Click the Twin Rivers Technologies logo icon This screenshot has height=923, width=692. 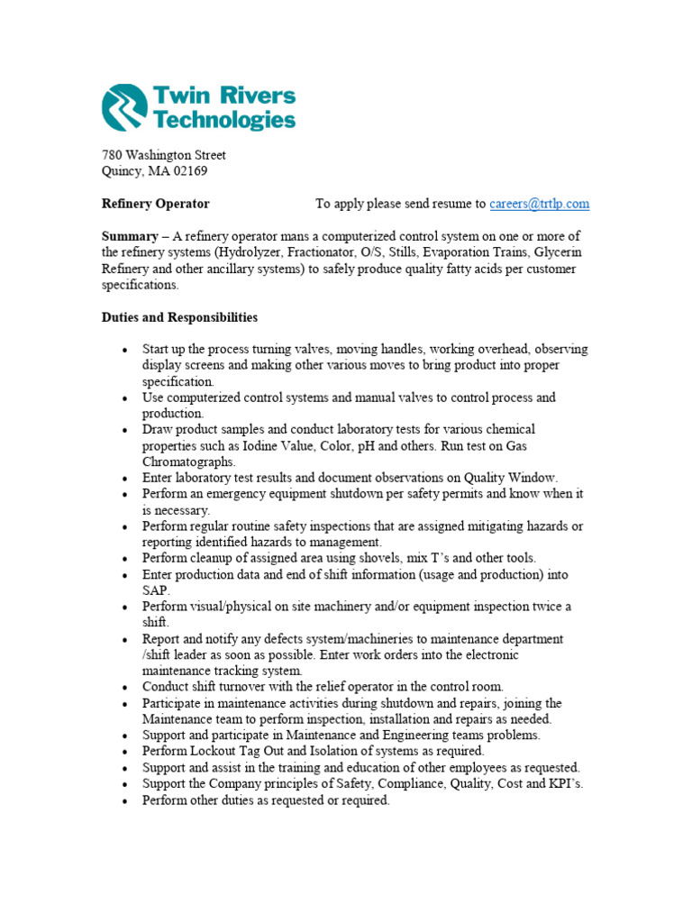(124, 108)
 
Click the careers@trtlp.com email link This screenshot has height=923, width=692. (539, 204)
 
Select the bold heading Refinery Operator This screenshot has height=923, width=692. (155, 204)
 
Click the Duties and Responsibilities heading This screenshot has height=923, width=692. (179, 317)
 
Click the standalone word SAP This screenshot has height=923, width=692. (155, 589)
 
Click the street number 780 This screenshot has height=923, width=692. (111, 155)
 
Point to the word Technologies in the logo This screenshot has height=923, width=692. (224, 119)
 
